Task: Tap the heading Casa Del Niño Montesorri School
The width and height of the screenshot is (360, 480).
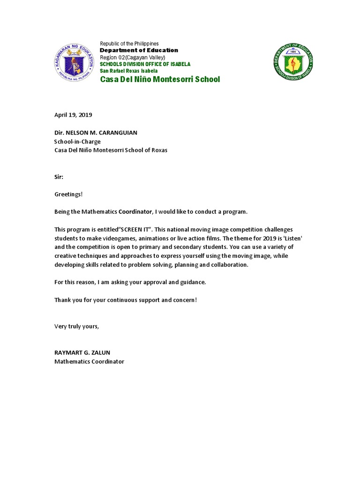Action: (160, 79)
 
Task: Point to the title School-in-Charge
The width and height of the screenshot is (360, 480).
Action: (77, 141)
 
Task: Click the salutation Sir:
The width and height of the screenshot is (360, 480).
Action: (59, 177)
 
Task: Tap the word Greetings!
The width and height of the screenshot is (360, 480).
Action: (68, 194)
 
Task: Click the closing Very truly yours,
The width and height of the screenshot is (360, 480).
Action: (77, 326)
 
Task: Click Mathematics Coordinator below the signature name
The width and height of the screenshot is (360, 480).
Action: (89, 362)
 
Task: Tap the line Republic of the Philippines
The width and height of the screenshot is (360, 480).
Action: (129, 44)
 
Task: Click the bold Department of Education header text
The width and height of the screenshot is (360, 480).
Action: (139, 50)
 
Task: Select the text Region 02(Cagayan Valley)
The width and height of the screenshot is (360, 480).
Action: (132, 57)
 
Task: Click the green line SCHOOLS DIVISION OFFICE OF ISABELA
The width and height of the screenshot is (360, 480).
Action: (145, 64)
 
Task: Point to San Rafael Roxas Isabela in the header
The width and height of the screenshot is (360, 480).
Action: (128, 71)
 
